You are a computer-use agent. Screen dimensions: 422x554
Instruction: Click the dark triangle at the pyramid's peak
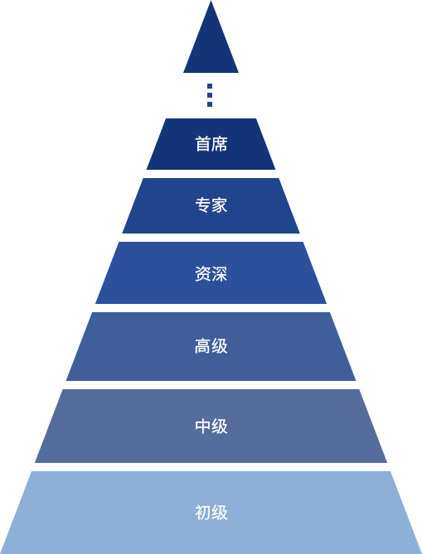211,46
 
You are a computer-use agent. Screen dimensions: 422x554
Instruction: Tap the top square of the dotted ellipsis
210,86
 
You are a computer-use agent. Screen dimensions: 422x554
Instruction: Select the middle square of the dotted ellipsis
210,95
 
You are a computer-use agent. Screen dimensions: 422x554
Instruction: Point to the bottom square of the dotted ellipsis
210,104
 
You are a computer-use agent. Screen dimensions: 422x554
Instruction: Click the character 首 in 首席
203,144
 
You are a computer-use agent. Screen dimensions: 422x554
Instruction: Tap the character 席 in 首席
220,144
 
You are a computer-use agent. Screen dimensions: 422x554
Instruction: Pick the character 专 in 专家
203,205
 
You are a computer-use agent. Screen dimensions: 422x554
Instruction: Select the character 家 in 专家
220,205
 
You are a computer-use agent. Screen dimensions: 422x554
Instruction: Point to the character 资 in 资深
203,274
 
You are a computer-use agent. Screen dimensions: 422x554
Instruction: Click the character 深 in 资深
220,274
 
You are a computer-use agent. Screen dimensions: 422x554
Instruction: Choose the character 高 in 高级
203,346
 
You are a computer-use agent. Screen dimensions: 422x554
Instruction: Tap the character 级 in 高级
220,346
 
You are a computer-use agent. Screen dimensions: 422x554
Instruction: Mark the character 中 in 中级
203,426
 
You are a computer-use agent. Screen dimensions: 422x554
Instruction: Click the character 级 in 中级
220,426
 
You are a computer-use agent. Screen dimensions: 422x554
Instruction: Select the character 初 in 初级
203,513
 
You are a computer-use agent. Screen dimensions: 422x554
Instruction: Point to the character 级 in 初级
220,513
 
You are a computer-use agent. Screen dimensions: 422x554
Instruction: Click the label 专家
211,205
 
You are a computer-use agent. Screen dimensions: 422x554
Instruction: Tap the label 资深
211,274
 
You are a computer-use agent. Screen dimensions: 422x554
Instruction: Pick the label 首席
211,144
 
